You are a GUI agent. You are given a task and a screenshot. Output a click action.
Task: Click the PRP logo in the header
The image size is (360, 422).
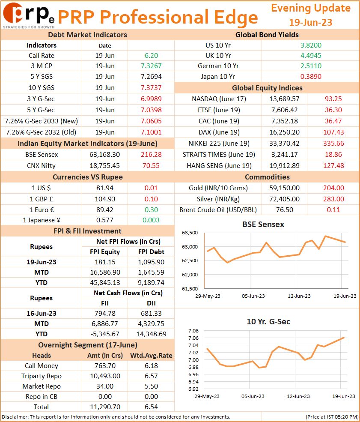(29, 15)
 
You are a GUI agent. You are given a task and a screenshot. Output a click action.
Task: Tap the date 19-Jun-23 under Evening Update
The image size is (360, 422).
(310, 22)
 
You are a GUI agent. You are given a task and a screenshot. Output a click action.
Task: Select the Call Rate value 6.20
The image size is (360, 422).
(151, 55)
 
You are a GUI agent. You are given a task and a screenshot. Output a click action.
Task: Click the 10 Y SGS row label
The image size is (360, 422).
(42, 88)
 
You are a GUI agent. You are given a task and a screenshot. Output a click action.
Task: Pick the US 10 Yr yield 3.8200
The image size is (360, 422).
(311, 45)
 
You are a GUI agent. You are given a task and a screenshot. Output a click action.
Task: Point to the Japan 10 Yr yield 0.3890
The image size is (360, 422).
(311, 76)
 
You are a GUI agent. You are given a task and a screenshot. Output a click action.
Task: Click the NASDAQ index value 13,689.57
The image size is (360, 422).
(285, 99)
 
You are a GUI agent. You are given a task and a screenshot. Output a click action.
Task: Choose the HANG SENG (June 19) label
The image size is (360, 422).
(219, 165)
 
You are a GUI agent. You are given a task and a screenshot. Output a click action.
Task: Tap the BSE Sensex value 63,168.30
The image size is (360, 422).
(104, 155)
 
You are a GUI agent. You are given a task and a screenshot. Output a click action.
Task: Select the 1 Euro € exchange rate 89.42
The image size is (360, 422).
(104, 210)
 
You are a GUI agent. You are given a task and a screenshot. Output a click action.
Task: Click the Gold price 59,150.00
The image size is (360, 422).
(285, 188)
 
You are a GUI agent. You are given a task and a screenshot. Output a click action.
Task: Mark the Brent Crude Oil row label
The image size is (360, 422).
(218, 210)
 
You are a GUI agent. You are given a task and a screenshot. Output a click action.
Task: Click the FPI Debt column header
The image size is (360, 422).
(151, 251)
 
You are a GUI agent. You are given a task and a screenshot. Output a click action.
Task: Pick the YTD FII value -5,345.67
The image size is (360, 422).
(104, 334)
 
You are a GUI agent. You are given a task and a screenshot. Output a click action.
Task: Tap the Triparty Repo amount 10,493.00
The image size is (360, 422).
(105, 376)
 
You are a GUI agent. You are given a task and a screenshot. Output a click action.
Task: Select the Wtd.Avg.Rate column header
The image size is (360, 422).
(151, 356)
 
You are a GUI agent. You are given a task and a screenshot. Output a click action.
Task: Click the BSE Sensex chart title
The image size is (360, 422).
(263, 224)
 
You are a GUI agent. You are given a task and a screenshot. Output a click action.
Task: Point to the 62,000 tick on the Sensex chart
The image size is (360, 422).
(190, 275)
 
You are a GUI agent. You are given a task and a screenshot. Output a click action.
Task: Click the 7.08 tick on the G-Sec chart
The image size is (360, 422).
(193, 331)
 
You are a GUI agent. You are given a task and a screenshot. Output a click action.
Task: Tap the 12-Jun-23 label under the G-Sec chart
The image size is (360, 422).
(298, 396)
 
